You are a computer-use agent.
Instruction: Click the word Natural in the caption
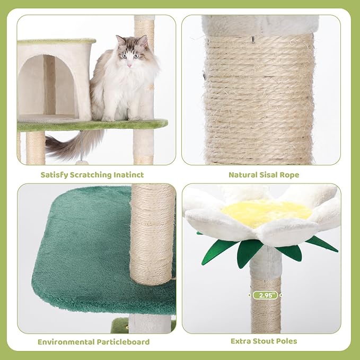click(244, 174)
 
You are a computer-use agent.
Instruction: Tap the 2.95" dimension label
click(265, 295)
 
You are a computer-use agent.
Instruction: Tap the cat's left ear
click(121, 41)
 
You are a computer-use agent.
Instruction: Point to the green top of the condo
click(56, 41)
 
